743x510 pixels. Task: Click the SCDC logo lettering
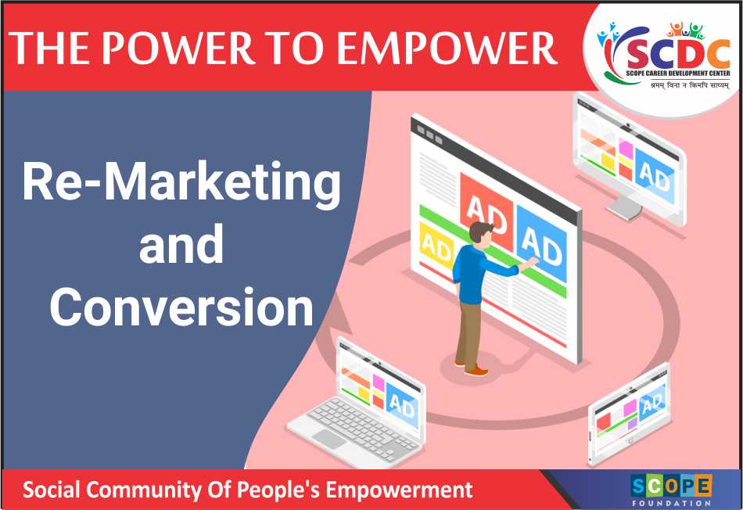click(677, 54)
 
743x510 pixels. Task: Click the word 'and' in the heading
click(181, 244)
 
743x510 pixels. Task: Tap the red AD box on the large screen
click(486, 211)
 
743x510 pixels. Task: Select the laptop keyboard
click(362, 426)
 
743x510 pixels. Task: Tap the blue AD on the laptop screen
click(402, 404)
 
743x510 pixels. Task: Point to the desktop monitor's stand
click(625, 208)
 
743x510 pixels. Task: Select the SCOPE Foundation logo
click(671, 490)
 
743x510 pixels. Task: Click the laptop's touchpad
click(328, 439)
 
